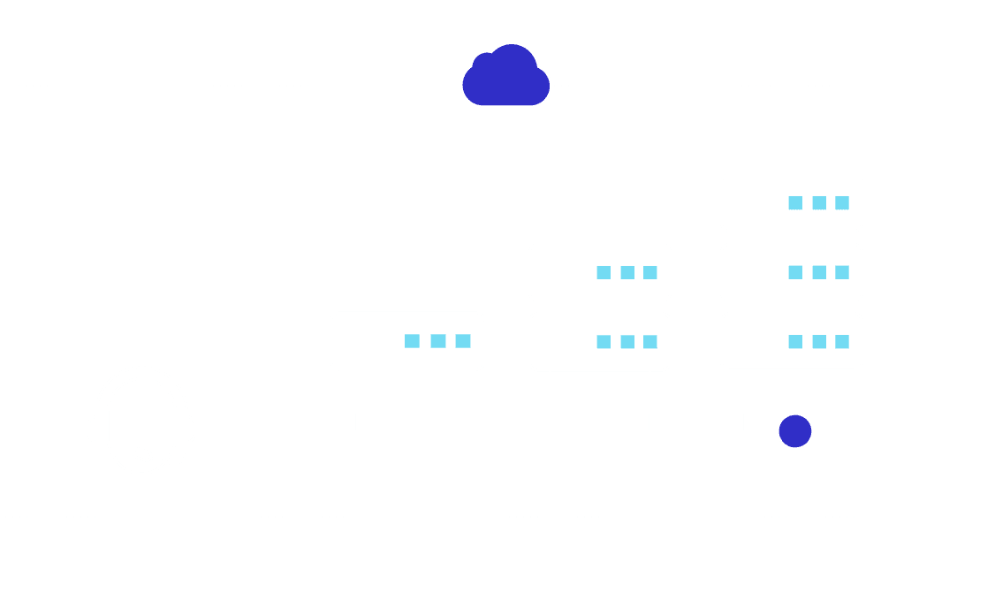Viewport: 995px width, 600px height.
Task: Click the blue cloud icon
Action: tap(505, 78)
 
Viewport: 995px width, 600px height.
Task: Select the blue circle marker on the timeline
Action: tap(794, 430)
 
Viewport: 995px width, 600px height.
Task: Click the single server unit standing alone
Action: tap(407, 340)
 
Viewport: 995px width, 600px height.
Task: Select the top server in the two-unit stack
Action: tap(599, 272)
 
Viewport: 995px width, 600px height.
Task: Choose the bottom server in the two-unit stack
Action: tap(599, 341)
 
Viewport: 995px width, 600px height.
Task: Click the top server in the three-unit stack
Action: tap(791, 202)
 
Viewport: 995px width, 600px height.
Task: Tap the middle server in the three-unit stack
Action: tap(791, 272)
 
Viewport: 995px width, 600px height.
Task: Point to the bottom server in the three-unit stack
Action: tap(791, 341)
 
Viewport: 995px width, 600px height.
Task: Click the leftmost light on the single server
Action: tap(412, 341)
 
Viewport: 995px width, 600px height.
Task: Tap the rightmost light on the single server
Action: tap(463, 341)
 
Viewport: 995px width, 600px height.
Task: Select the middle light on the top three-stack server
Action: tap(819, 202)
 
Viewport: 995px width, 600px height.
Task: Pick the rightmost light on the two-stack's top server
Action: tap(650, 272)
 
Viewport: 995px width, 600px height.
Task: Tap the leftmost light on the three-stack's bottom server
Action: tap(795, 342)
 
